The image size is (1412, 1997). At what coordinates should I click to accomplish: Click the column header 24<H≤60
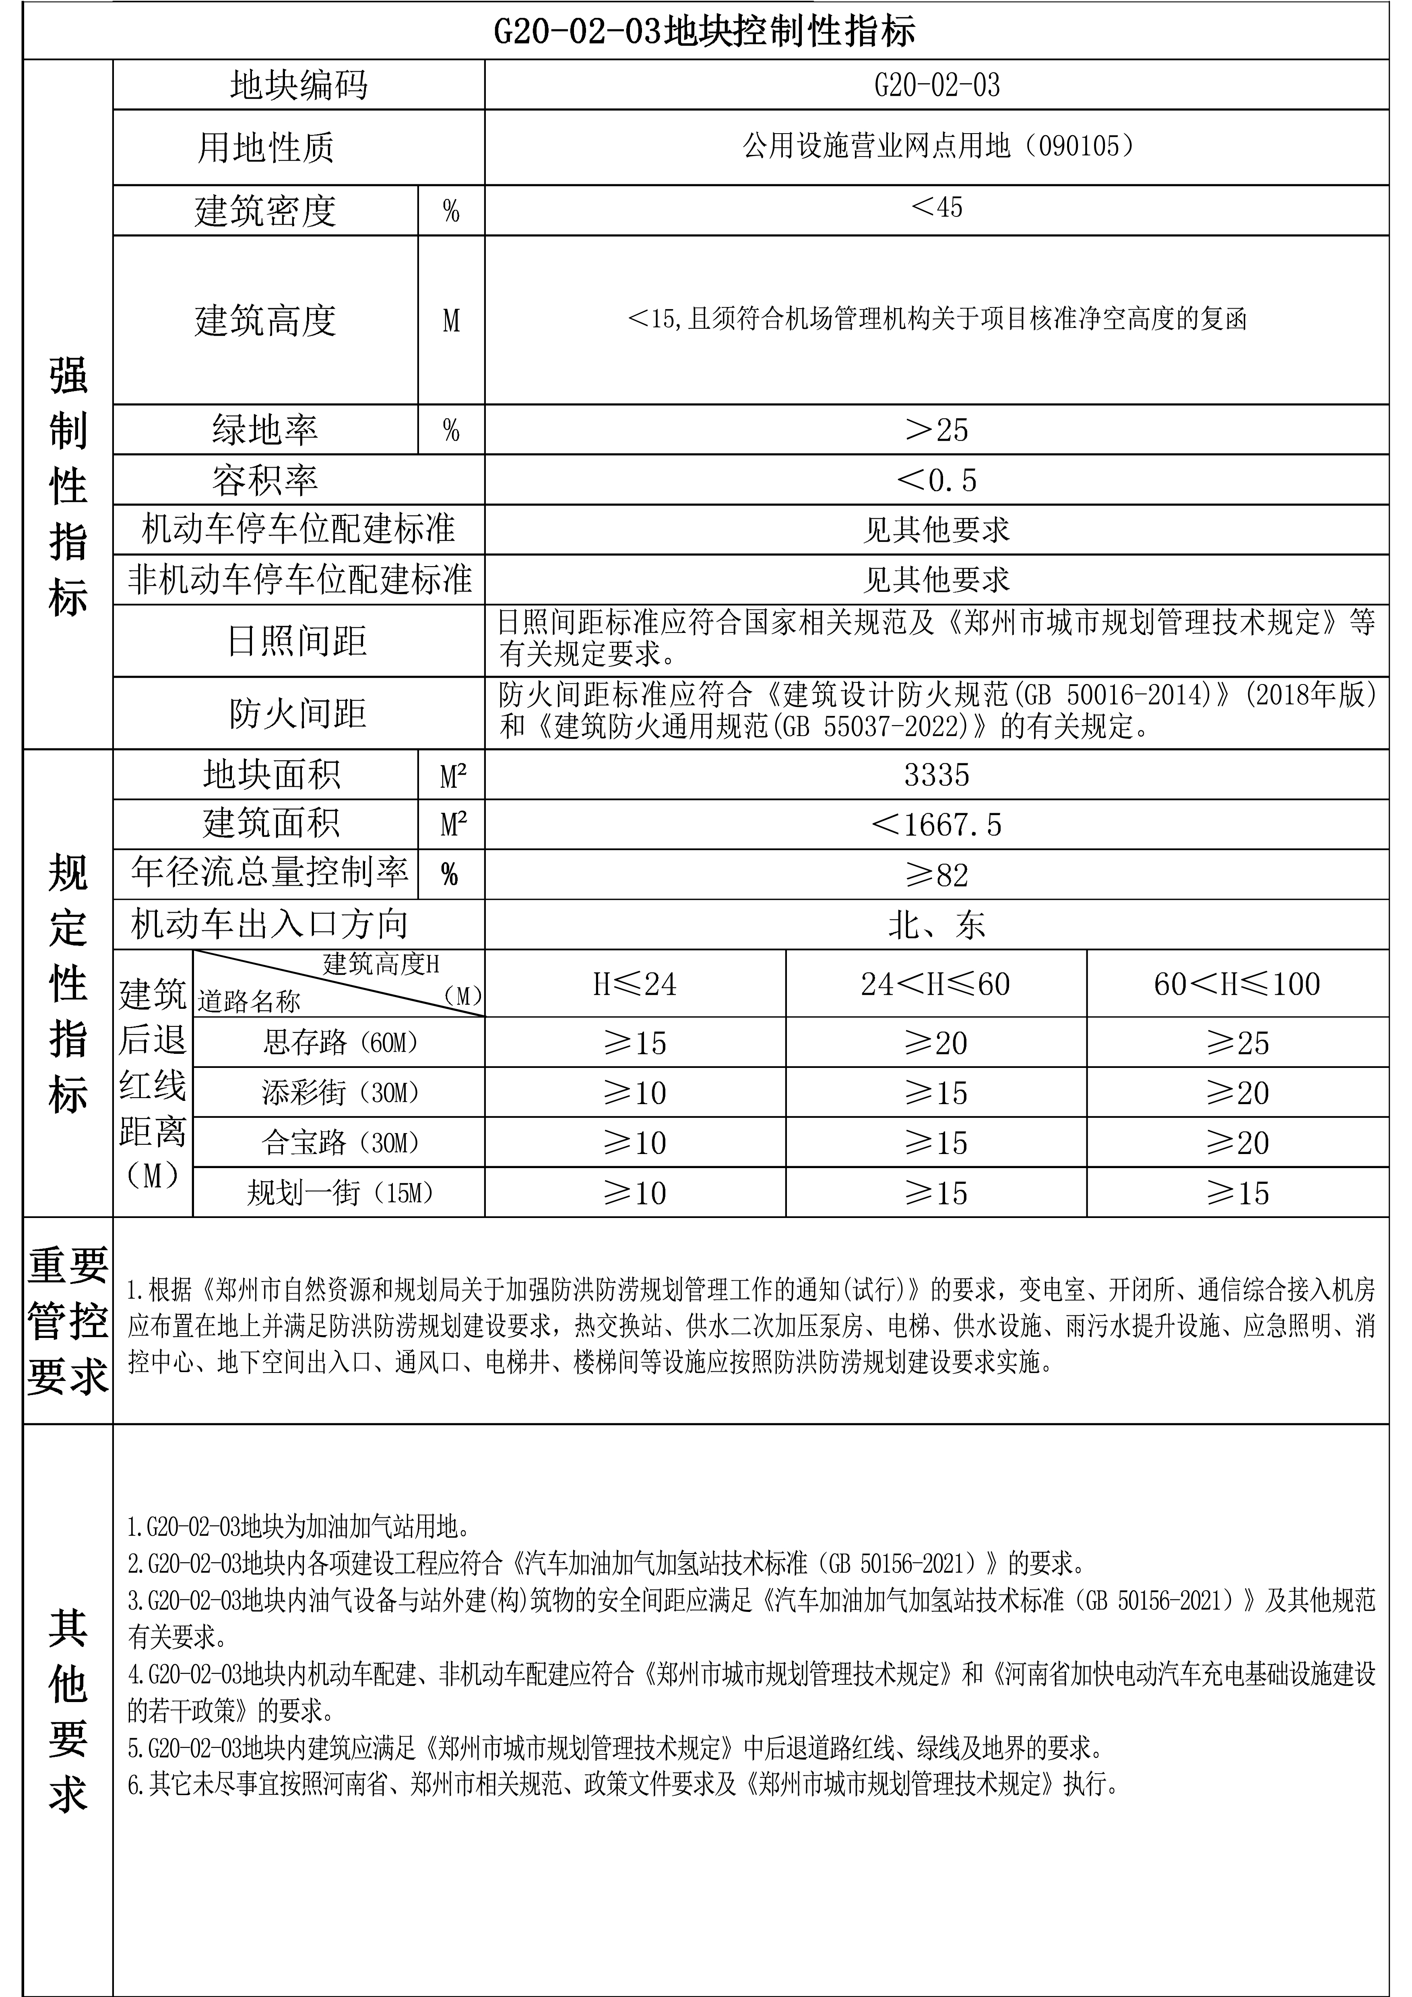[x=936, y=984]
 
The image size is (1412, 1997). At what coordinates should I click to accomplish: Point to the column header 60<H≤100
[x=1237, y=984]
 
